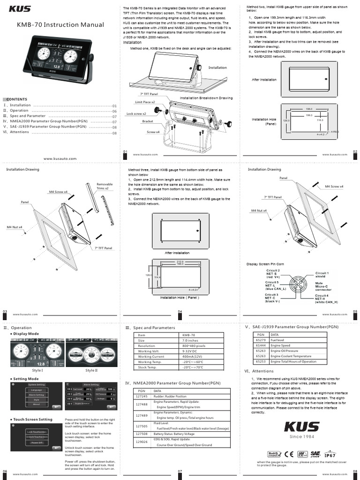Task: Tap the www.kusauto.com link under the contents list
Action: tap(60, 158)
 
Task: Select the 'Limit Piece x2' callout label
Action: tap(145, 102)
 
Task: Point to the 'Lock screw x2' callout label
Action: tap(136, 113)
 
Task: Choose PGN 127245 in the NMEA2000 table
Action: tap(141, 396)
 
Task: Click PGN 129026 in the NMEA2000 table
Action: tap(141, 442)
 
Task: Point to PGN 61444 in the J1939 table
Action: tap(261, 345)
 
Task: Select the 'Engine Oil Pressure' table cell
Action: tap(284, 351)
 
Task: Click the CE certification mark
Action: tap(289, 454)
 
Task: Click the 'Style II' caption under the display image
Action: tap(91, 370)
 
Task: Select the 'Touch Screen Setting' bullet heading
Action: tap(33, 419)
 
